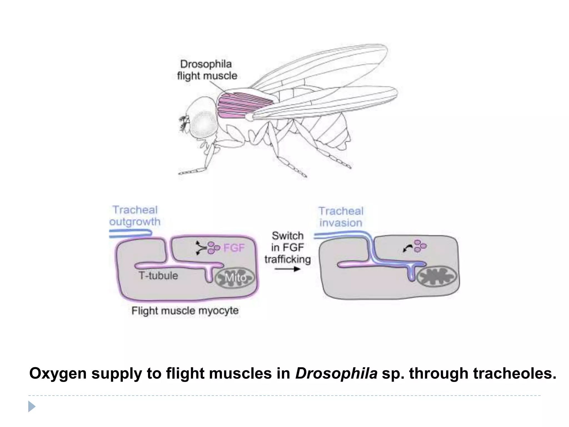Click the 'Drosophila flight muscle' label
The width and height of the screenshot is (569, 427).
pos(207,70)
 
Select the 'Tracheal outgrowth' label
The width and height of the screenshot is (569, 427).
pos(135,216)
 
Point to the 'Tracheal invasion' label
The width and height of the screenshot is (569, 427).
pos(341,217)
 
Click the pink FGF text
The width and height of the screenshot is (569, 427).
pos(234,247)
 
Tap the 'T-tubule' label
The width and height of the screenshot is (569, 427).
pos(158,276)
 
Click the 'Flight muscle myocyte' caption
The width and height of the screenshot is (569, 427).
pos(185,311)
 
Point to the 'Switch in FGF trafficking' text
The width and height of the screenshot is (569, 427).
pos(288,247)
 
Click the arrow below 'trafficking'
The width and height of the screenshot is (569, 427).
pos(288,269)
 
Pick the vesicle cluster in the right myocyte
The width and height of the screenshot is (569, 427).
pos(420,246)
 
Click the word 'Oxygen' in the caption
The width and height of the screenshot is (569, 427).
pos(58,374)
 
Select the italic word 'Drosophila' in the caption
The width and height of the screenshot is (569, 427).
pos(336,374)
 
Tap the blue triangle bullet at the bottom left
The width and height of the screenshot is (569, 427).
pos(32,406)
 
